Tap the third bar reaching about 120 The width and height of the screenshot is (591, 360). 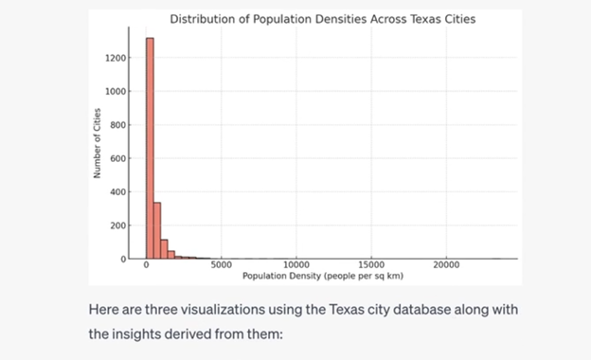164,248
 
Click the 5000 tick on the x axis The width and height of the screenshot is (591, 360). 222,265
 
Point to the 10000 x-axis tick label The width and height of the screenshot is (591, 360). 296,265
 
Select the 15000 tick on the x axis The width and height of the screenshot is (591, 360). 371,265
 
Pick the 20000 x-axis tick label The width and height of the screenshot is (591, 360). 446,265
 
